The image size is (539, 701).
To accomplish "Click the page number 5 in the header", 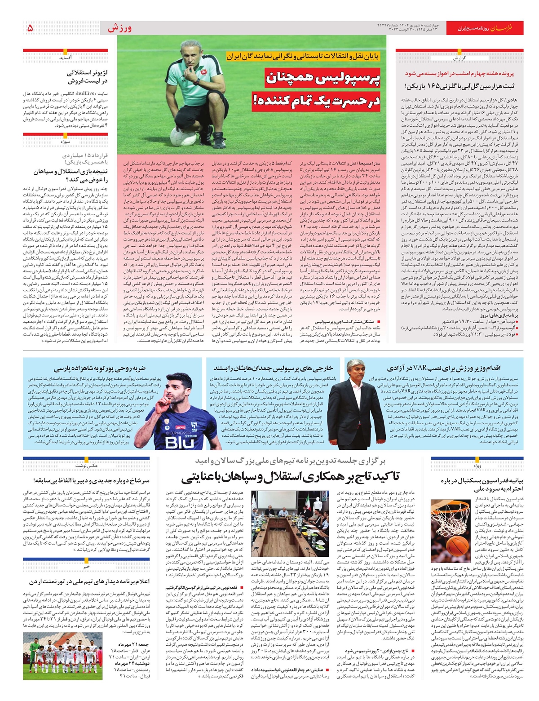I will (30, 28).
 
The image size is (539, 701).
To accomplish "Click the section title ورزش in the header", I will (119, 28).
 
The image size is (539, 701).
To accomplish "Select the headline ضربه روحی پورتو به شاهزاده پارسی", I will (99, 369).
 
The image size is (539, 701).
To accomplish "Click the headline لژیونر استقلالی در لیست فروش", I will (87, 77).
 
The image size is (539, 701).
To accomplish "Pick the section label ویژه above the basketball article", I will (476, 466).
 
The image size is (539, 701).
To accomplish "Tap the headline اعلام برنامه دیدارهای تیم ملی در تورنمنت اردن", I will (90, 581).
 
